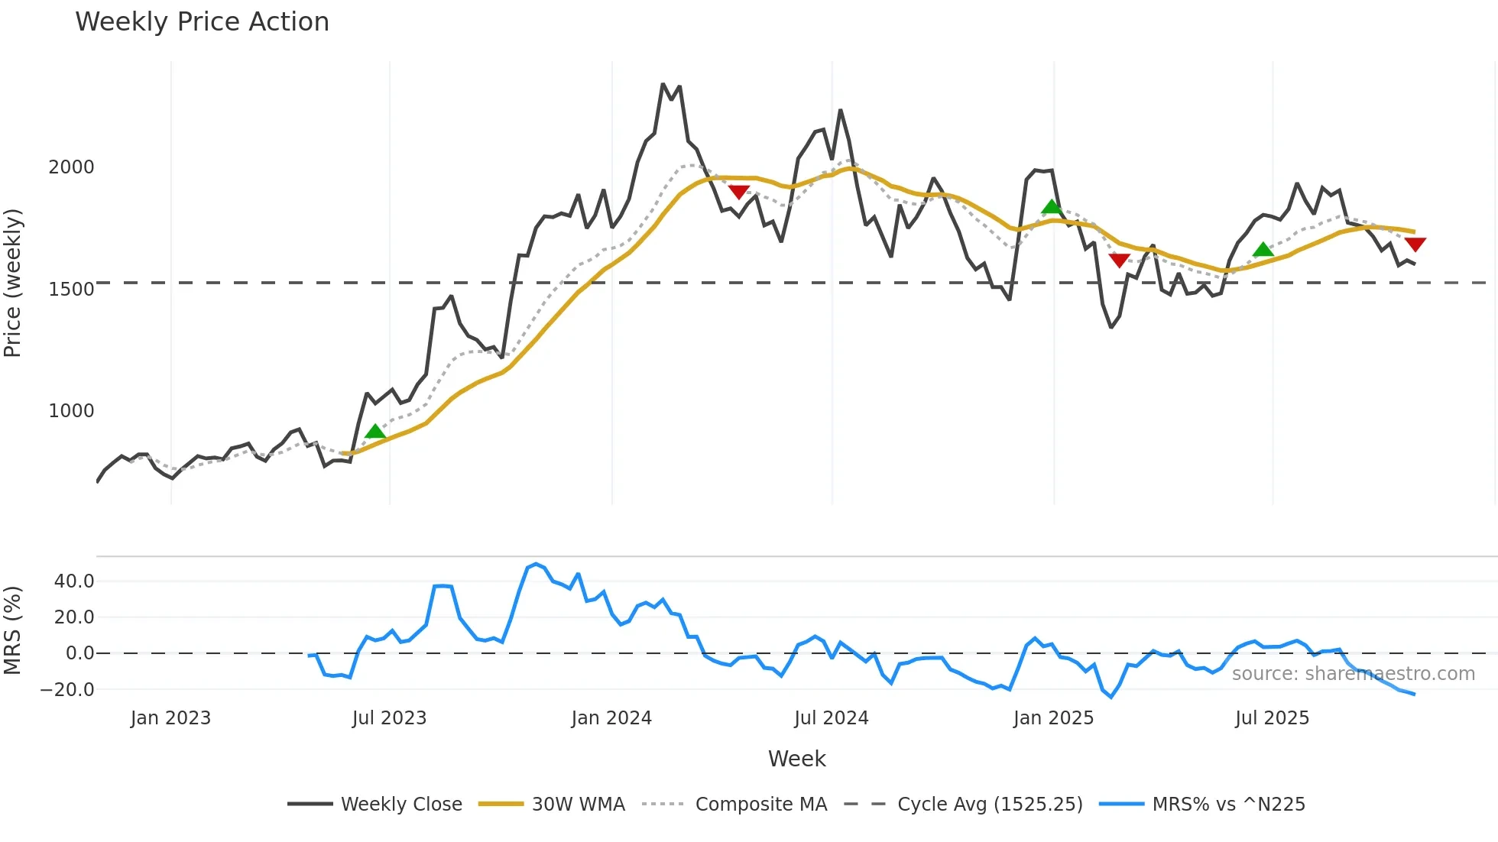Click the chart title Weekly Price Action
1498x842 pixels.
202,22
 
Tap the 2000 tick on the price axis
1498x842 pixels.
71,167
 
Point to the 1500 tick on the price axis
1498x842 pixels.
71,290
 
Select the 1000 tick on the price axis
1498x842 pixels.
71,411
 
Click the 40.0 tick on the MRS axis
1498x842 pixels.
74,581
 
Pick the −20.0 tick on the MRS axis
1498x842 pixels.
67,690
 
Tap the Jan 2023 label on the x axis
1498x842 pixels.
170,718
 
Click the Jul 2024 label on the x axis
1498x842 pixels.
832,718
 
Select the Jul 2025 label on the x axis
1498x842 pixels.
1272,718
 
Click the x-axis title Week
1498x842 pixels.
796,759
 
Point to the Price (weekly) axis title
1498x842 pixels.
12,283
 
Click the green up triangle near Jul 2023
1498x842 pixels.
375,432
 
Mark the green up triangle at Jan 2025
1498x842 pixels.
1052,206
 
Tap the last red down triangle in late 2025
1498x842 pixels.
1415,244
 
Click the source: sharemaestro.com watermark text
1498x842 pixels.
1353,674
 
